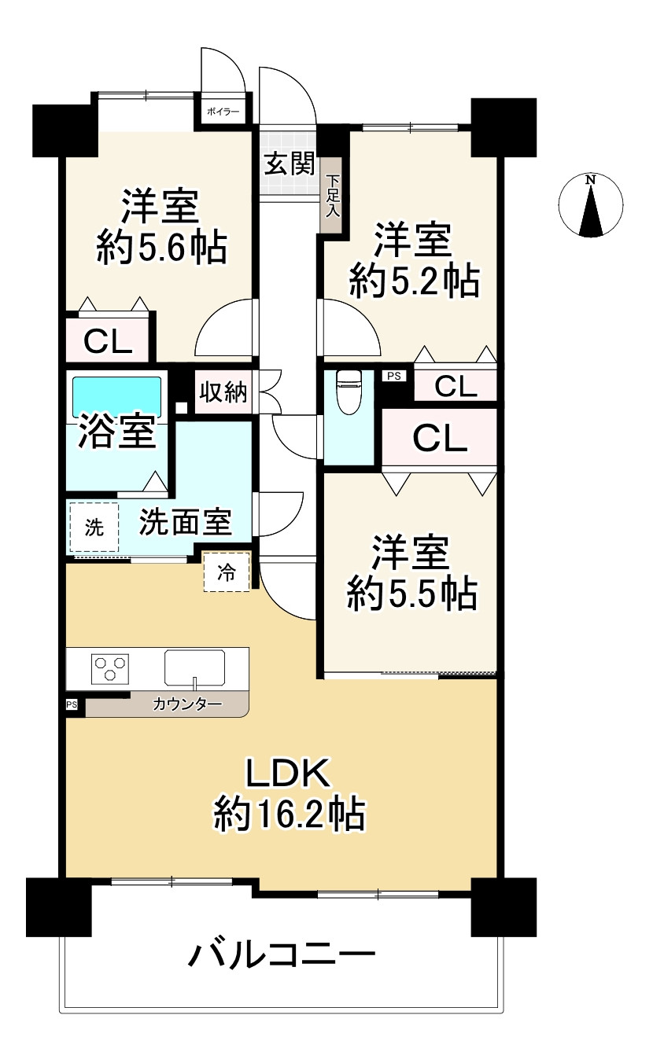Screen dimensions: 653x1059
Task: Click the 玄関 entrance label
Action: pyautogui.click(x=290, y=164)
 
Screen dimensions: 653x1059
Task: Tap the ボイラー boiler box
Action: pyautogui.click(x=223, y=112)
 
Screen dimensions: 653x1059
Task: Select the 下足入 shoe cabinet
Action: pyautogui.click(x=333, y=196)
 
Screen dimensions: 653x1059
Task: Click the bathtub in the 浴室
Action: pyautogui.click(x=116, y=397)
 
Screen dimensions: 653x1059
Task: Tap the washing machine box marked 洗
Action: pyautogui.click(x=94, y=527)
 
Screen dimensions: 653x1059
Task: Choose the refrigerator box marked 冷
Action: pyautogui.click(x=227, y=572)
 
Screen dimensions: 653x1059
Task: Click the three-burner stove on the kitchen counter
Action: pyautogui.click(x=110, y=669)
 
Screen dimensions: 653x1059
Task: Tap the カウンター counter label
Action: pyautogui.click(x=187, y=705)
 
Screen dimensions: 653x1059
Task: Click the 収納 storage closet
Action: pyautogui.click(x=223, y=392)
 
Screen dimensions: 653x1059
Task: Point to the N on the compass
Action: pyautogui.click(x=590, y=180)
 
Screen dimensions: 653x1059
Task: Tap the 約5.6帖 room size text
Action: pyautogui.click(x=162, y=248)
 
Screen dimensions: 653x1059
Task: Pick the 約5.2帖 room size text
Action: pyautogui.click(x=415, y=281)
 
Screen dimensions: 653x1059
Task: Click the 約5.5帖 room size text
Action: pyautogui.click(x=412, y=594)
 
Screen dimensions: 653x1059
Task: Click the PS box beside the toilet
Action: pyautogui.click(x=393, y=376)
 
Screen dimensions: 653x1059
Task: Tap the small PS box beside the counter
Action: pyautogui.click(x=72, y=705)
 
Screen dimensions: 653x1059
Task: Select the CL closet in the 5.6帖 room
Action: pyautogui.click(x=108, y=340)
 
